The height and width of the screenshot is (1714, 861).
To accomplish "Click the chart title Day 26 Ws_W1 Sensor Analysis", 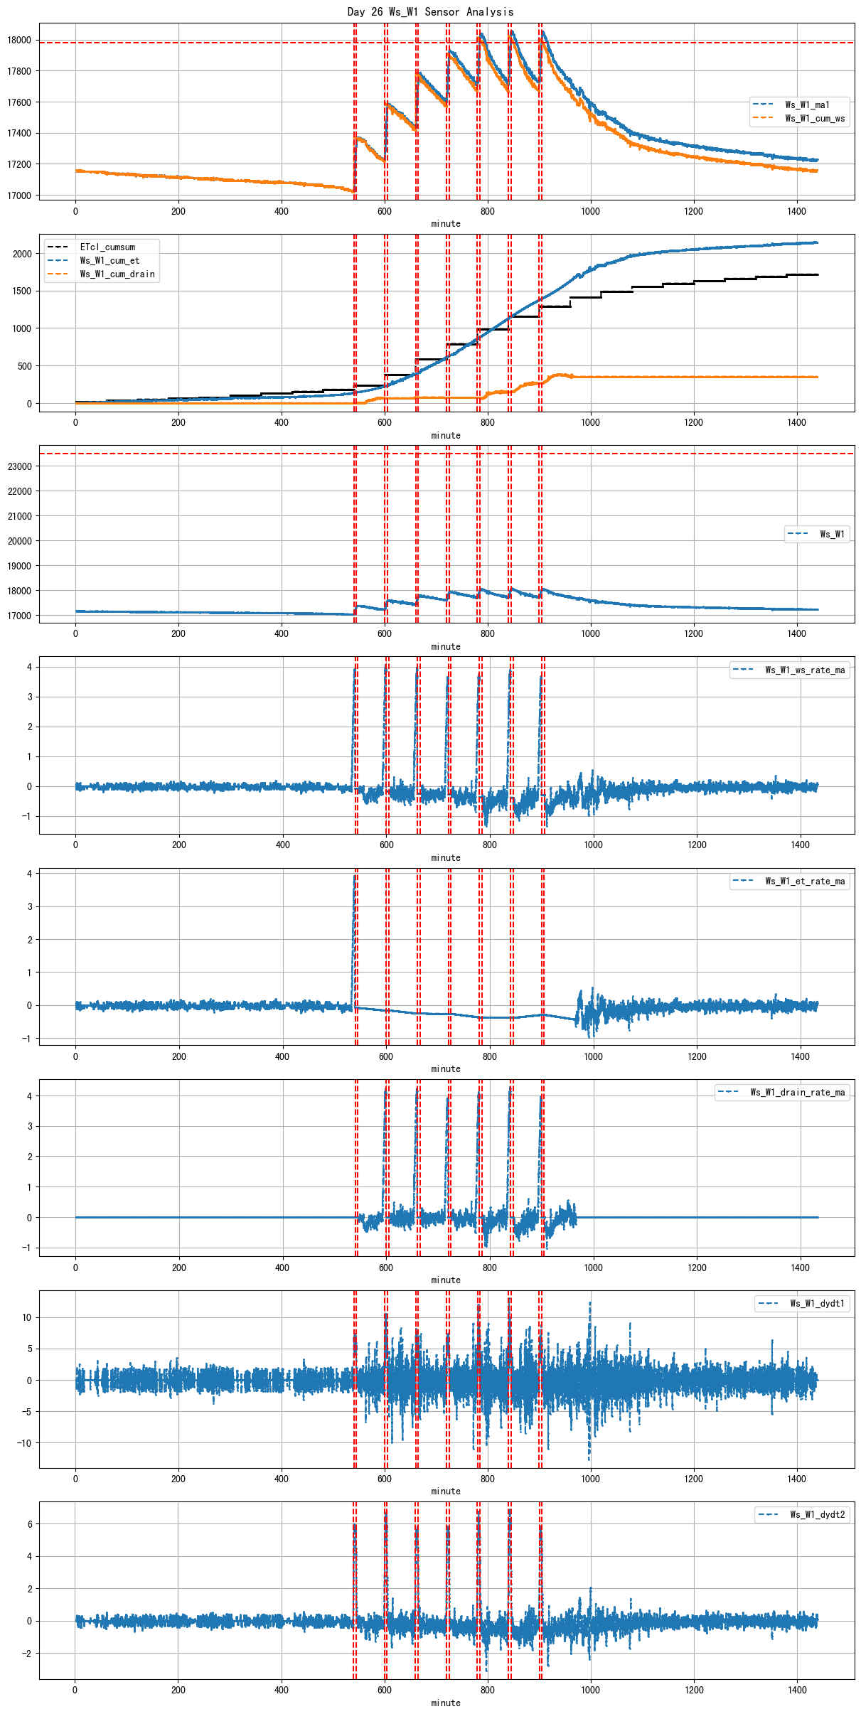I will pyautogui.click(x=430, y=11).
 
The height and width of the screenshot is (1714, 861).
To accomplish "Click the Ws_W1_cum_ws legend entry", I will pyautogui.click(x=815, y=118).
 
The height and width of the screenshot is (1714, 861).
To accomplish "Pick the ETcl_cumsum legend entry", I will pyautogui.click(x=107, y=247).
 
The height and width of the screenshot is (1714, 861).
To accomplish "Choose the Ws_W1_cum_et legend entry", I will pyautogui.click(x=109, y=260).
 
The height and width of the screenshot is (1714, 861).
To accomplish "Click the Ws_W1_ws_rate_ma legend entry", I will pyautogui.click(x=805, y=670).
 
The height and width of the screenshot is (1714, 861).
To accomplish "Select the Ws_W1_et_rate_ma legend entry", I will pyautogui.click(x=805, y=881).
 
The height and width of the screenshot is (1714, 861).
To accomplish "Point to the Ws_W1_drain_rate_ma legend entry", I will pyautogui.click(x=798, y=1092).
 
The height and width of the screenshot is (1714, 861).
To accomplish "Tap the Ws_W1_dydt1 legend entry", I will pyautogui.click(x=817, y=1303).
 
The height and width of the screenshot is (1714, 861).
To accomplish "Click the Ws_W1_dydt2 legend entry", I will pyautogui.click(x=817, y=1514).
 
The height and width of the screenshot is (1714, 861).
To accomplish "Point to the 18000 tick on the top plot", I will pyautogui.click(x=20, y=40).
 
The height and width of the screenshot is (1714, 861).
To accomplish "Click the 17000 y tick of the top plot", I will pyautogui.click(x=20, y=195).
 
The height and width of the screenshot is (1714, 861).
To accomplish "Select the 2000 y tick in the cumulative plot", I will pyautogui.click(x=22, y=254).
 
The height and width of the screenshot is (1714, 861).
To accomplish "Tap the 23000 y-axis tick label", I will pyautogui.click(x=20, y=466).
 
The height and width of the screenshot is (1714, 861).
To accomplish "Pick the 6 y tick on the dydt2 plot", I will pyautogui.click(x=29, y=1524).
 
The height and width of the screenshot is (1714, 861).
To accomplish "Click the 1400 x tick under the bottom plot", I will pyautogui.click(x=797, y=1690).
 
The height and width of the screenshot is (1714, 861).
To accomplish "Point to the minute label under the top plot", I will pyautogui.click(x=446, y=223).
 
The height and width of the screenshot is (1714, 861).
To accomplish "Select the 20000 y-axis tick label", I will pyautogui.click(x=20, y=541).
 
